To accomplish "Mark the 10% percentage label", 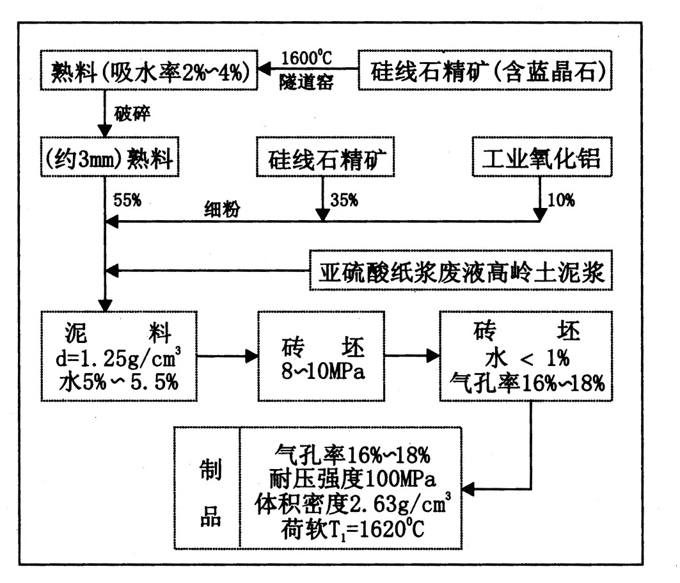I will point(561,200).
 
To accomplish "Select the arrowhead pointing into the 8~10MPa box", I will point(251,357).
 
